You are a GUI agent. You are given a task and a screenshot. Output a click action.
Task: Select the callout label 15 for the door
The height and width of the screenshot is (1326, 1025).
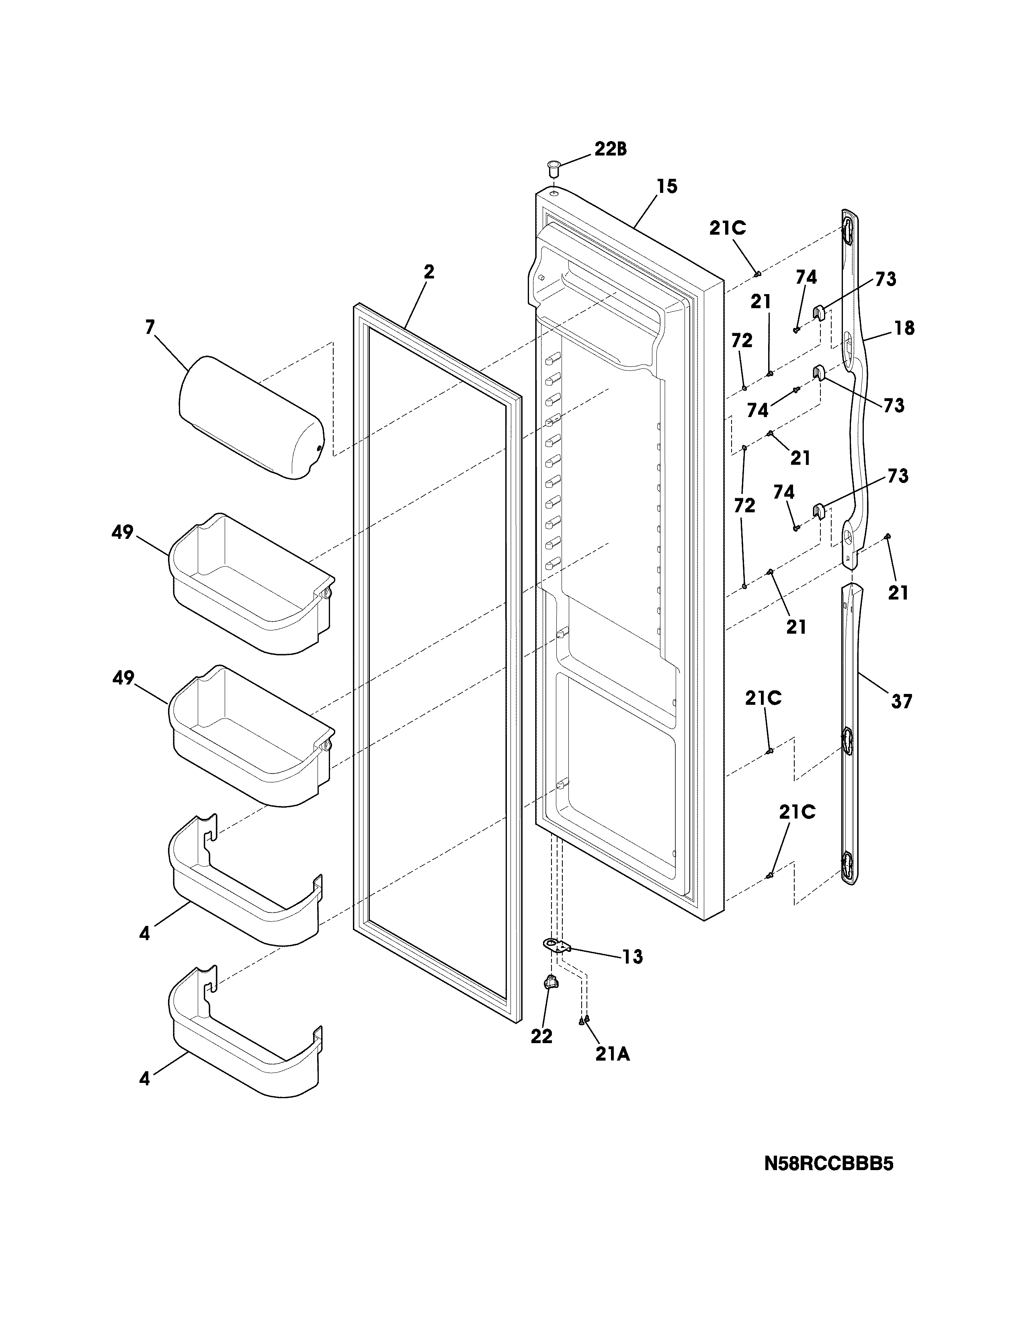point(667,186)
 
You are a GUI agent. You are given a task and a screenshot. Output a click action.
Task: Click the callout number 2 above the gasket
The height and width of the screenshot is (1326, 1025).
point(429,272)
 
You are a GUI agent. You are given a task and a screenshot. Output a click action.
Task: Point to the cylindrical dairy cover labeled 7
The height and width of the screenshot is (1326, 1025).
point(251,418)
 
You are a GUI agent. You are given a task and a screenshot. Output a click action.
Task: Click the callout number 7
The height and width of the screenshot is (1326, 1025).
point(150,328)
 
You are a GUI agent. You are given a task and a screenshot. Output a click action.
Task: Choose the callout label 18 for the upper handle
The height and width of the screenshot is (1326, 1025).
point(904,328)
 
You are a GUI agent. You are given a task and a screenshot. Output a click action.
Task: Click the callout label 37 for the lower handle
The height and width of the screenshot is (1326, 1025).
point(902,702)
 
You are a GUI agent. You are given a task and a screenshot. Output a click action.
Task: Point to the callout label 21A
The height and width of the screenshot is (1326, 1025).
point(612,1055)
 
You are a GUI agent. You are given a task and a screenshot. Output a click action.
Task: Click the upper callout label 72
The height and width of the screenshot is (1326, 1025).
point(742,341)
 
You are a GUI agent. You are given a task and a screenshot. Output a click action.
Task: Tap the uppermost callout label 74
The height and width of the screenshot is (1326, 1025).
point(806,278)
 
